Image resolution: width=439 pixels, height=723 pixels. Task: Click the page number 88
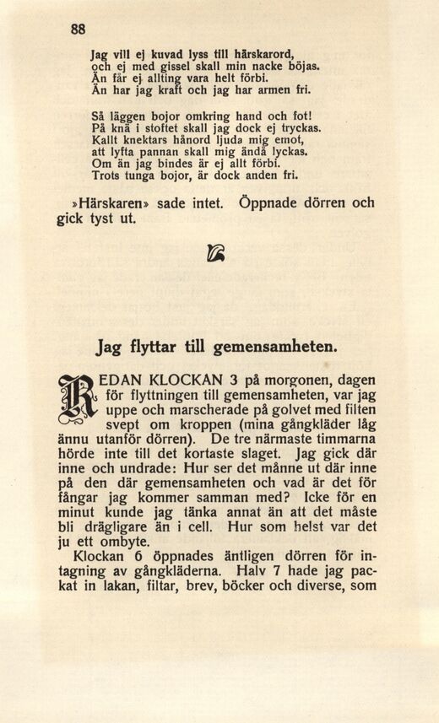point(78,28)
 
